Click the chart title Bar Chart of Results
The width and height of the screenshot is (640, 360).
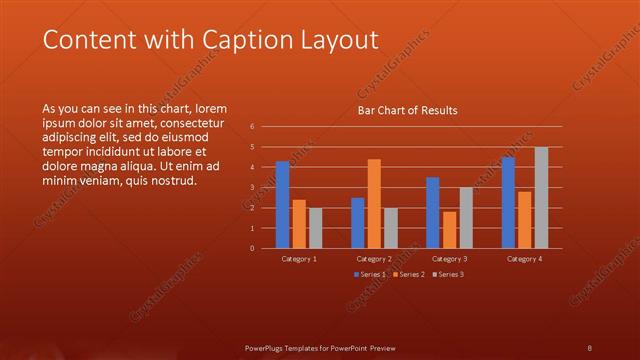(408, 111)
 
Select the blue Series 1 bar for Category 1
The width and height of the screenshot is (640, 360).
(282, 204)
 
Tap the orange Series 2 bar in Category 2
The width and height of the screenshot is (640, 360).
(374, 203)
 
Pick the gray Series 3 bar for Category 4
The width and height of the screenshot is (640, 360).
(541, 197)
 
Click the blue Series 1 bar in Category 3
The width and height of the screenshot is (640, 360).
(432, 212)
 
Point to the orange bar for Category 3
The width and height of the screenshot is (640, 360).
(449, 229)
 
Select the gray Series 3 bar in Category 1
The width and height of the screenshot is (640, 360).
(316, 227)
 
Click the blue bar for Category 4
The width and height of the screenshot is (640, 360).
(508, 202)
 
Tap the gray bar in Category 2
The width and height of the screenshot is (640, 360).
(391, 227)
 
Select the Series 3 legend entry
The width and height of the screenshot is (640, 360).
(446, 274)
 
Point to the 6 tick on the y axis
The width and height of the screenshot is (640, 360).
(253, 127)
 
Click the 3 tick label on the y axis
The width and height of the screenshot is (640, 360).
(253, 187)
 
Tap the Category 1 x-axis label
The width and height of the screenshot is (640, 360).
(299, 258)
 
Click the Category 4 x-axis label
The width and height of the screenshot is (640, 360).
(524, 258)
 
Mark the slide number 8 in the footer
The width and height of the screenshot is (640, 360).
(590, 347)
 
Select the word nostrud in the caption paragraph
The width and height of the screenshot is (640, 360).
(175, 181)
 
